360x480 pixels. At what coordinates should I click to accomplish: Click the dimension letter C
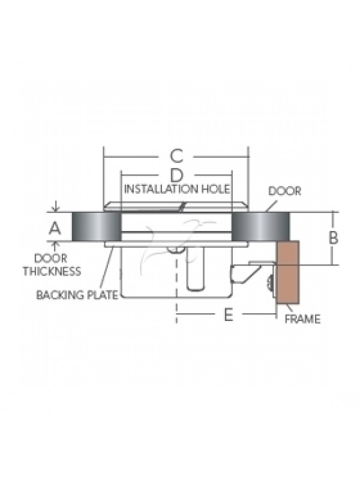(x=176, y=156)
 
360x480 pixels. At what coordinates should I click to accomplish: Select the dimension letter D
(x=176, y=175)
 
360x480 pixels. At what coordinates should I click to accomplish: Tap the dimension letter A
(x=55, y=229)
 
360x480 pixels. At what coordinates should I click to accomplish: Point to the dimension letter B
(x=334, y=238)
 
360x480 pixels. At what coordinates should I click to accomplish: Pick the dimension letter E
(x=229, y=314)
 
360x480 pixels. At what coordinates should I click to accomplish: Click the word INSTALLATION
(x=161, y=189)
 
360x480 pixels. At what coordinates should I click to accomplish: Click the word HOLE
(x=215, y=189)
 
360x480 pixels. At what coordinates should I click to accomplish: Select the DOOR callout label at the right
(x=284, y=191)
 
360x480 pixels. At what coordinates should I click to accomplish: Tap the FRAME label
(x=302, y=319)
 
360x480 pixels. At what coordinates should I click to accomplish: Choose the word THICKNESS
(x=52, y=271)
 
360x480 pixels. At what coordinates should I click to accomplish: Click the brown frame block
(x=288, y=272)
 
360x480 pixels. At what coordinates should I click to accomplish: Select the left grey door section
(x=97, y=227)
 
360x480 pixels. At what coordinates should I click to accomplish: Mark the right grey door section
(x=260, y=227)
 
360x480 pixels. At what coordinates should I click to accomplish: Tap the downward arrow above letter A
(x=55, y=206)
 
